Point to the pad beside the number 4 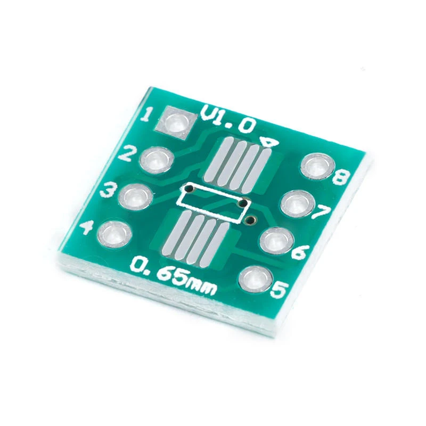(113, 233)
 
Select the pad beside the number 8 (316, 166)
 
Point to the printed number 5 (280, 290)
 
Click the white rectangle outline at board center (212, 200)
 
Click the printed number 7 (321, 213)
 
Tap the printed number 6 (299, 251)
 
